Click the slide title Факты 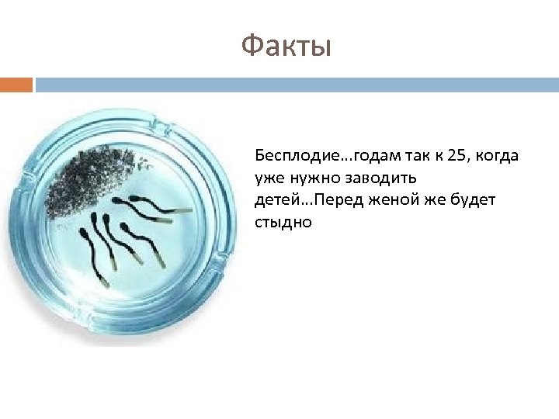(x=286, y=47)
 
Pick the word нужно (x=309, y=178)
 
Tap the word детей (x=273, y=200)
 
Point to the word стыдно (x=283, y=223)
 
